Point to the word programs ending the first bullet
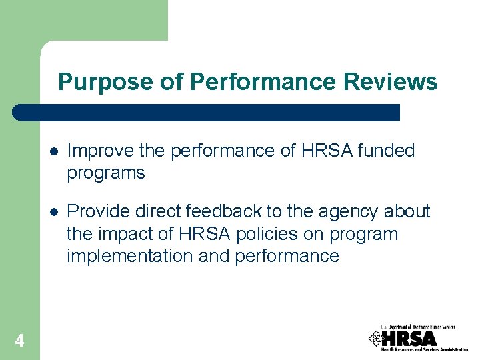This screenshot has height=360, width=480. click(105, 173)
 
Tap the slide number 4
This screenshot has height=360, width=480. click(19, 341)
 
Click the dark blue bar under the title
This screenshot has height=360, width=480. click(207, 112)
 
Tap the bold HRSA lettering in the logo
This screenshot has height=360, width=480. click(409, 338)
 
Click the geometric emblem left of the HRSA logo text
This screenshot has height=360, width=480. click(375, 338)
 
